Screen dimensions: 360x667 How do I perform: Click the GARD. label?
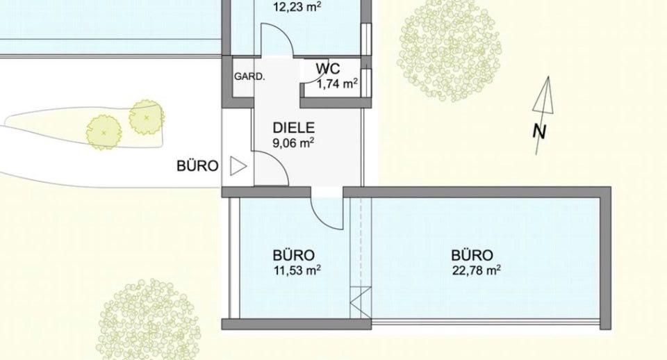click(249, 76)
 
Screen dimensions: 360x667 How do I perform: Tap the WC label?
click(327, 69)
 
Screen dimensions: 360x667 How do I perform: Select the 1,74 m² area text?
click(337, 84)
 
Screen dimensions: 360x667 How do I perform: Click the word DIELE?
click(293, 128)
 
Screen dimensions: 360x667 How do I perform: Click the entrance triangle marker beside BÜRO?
click(238, 166)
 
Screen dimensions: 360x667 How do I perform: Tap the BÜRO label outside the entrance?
click(198, 166)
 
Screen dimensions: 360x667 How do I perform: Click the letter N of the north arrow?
click(538, 131)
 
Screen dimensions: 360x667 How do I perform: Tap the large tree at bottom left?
click(149, 318)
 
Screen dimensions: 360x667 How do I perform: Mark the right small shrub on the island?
click(146, 117)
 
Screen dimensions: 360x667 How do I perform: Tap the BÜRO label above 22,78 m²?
click(472, 254)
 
